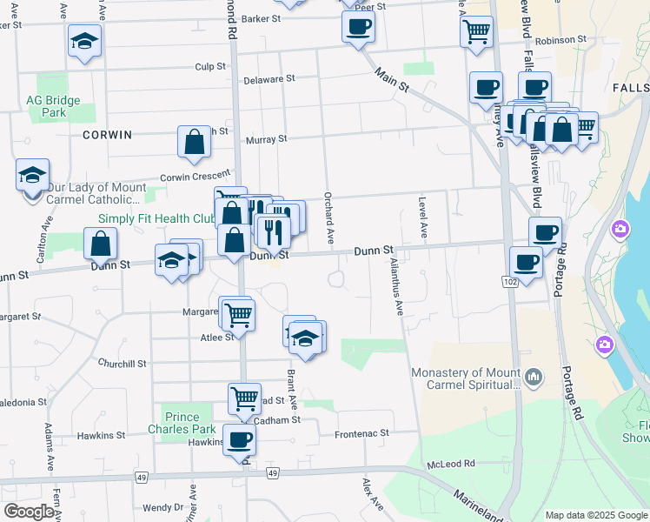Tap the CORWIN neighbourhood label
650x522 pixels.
coord(108,135)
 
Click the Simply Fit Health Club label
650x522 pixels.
coord(156,219)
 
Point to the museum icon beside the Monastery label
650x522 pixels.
coord(533,378)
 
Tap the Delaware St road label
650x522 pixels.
coord(269,78)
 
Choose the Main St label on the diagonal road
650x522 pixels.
coord(392,79)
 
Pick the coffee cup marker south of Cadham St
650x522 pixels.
coord(239,439)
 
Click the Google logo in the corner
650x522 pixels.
coord(30,512)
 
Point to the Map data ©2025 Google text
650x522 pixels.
coord(596,515)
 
